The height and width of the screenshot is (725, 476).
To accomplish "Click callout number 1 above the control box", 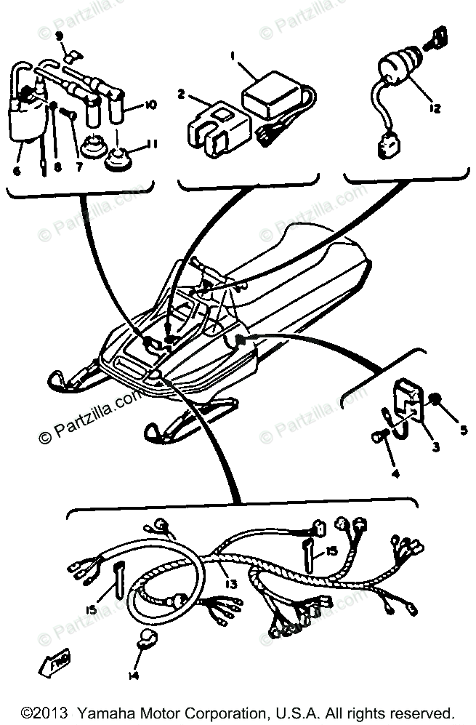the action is (x=234, y=55).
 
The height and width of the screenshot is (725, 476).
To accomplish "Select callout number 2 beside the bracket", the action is (x=182, y=94).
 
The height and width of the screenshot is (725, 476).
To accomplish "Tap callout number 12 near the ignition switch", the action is (x=435, y=109).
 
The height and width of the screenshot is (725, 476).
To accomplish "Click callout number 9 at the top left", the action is (x=60, y=36).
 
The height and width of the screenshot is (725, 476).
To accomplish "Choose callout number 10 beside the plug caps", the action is (x=150, y=105).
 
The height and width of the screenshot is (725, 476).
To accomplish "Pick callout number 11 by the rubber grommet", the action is (x=152, y=144).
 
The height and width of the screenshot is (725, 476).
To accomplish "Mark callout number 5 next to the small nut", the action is (x=464, y=428).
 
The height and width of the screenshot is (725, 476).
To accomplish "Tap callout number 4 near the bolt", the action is (x=396, y=474).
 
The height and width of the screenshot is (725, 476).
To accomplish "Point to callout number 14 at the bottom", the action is (x=133, y=674).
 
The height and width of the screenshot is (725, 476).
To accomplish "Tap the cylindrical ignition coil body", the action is (x=26, y=122).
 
